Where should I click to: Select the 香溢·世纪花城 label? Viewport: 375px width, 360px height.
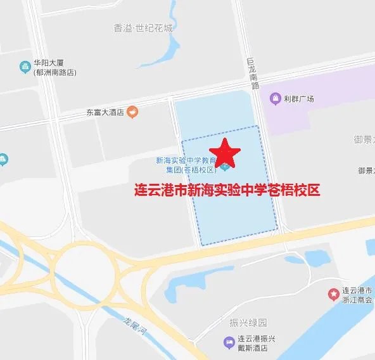click(143, 29)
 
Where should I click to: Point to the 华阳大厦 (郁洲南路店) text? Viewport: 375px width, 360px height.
click(54, 68)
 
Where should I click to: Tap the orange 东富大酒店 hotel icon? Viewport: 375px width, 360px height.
click(132, 112)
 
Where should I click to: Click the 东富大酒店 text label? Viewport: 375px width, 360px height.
click(106, 112)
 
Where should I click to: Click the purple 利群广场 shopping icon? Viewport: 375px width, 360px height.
click(275, 99)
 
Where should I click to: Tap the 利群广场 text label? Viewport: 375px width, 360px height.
click(300, 99)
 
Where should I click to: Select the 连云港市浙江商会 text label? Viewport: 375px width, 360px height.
click(357, 294)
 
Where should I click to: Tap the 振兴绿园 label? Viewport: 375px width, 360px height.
click(245, 323)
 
